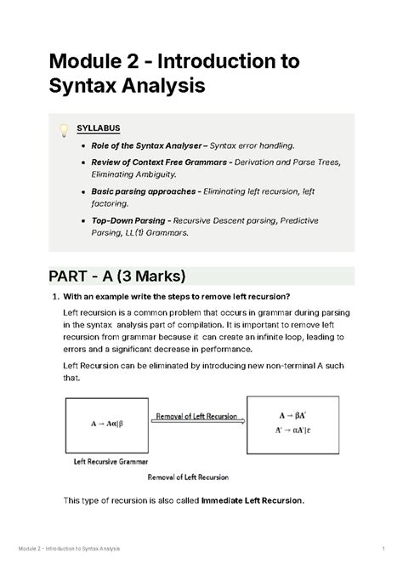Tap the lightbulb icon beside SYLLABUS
[x=62, y=130]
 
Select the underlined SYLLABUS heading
[x=99, y=129]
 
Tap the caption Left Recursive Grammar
[x=104, y=462]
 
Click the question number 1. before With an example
[x=54, y=297]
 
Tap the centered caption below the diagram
[x=189, y=476]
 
